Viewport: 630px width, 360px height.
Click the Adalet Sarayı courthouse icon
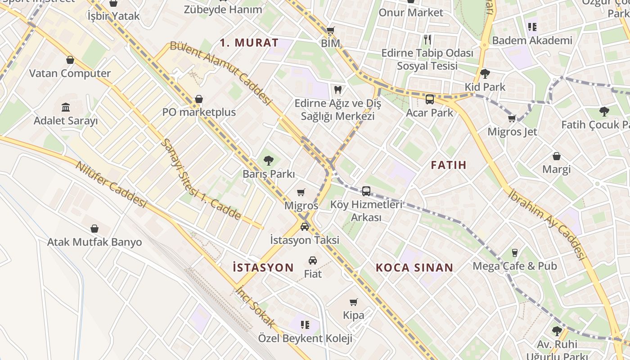coord(66,107)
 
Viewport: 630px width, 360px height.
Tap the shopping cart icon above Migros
coord(301,192)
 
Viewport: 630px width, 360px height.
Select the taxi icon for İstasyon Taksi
coord(305,226)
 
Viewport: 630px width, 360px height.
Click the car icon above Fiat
coord(313,260)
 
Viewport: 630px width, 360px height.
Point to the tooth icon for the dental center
coord(337,90)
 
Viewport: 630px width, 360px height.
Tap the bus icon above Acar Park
coord(430,99)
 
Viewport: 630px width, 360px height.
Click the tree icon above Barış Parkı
coord(269,160)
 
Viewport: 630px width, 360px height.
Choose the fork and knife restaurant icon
coord(427,40)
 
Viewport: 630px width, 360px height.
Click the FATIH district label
coord(449,165)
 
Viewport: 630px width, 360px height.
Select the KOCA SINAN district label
coord(414,268)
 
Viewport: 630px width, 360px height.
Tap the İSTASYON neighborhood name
coord(263,267)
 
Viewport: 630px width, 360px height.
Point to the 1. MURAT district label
coord(249,43)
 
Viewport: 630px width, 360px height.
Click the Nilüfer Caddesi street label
coord(111,184)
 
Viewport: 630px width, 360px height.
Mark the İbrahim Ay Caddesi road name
coord(546,224)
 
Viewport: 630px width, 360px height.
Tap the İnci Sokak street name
coord(255,306)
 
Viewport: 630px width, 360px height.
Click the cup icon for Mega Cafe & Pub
coord(515,252)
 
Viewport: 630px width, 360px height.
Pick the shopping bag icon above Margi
coord(557,156)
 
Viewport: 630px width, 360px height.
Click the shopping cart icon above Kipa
coord(354,302)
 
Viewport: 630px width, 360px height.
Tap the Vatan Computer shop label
coord(70,73)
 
